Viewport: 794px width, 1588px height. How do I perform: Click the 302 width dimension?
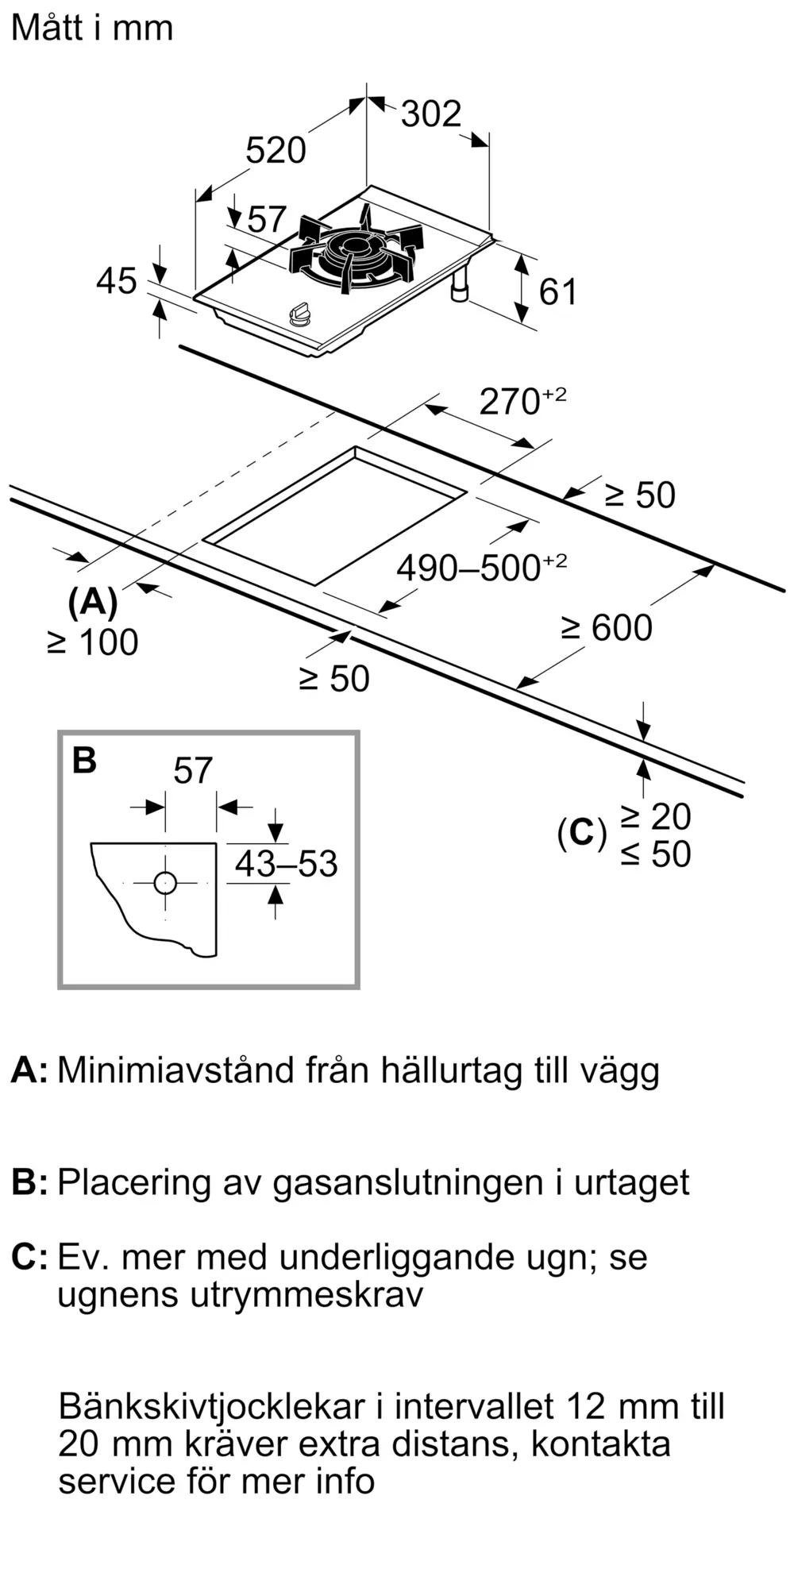pyautogui.click(x=430, y=114)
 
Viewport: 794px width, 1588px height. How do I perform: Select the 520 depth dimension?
pyautogui.click(x=276, y=150)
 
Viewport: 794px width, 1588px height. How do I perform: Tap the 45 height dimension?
pyautogui.click(x=117, y=281)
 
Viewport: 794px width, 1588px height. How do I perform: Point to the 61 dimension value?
pyautogui.click(x=557, y=292)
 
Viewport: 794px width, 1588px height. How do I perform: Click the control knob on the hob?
pyautogui.click(x=300, y=314)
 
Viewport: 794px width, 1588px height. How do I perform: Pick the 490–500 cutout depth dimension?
pyautogui.click(x=482, y=567)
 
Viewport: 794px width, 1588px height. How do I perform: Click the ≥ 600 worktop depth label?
pyautogui.click(x=607, y=627)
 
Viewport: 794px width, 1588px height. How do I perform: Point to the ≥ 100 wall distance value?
pyautogui.click(x=93, y=642)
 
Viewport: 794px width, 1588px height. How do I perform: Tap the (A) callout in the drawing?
pyautogui.click(x=93, y=603)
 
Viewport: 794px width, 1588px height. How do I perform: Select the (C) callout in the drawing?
pyautogui.click(x=582, y=834)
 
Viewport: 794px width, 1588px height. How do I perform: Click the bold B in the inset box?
pyautogui.click(x=84, y=760)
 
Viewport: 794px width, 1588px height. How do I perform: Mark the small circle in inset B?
pyautogui.click(x=165, y=882)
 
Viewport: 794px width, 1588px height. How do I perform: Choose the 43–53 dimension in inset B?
pyautogui.click(x=287, y=863)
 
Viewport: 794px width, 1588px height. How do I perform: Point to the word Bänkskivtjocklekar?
pyautogui.click(x=212, y=1406)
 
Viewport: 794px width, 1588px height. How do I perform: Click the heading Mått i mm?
pyautogui.click(x=92, y=28)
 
